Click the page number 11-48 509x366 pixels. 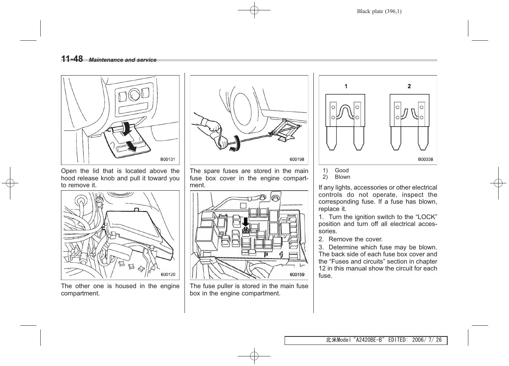coord(72,59)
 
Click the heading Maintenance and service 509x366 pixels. coord(123,60)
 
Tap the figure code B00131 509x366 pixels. coord(168,159)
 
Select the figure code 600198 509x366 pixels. coord(297,159)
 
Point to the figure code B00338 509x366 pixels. coord(425,159)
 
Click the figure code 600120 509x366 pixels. coord(168,274)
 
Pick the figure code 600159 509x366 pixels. coord(297,274)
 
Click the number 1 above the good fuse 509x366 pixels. coord(346,86)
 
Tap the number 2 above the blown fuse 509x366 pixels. coord(409,86)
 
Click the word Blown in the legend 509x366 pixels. coord(343,177)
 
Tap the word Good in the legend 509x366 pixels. coord(342,170)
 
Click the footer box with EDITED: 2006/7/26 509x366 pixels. coord(366,340)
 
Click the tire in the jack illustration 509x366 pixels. coord(245,107)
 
